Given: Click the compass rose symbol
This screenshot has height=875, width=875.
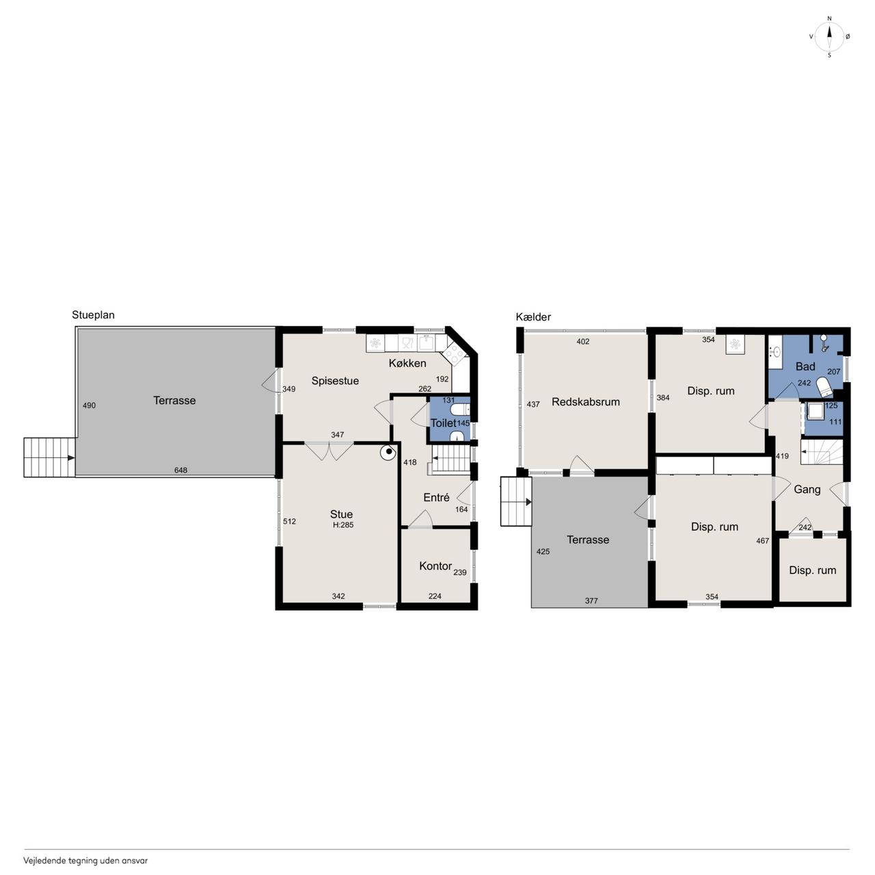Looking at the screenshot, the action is point(829,37).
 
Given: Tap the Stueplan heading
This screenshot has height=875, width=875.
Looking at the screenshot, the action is point(93,315).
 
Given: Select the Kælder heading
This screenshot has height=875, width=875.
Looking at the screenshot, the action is point(533,317).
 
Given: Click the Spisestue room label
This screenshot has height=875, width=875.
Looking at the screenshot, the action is point(335,381).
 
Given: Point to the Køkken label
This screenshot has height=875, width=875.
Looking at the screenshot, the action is point(407,363).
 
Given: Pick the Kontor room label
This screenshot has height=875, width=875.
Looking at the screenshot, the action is point(435,566).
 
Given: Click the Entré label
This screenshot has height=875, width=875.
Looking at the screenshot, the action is point(436,497).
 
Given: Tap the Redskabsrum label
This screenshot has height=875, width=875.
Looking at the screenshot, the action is point(586,401).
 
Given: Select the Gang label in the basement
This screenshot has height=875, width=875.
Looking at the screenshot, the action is point(807,489).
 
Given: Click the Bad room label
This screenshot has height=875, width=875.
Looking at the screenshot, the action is point(805,366).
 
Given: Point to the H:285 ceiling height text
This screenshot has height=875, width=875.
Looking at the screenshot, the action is point(343,525).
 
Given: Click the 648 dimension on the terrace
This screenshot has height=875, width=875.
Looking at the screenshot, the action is point(180,470).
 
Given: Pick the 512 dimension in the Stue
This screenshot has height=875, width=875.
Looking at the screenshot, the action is point(289,522).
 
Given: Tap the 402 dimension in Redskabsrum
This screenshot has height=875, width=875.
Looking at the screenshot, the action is point(582,342).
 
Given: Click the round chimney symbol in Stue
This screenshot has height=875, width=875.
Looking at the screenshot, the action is point(389,452).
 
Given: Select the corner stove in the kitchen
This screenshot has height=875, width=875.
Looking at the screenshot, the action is point(453,353).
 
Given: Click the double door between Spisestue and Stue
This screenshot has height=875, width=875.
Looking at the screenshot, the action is point(329,451).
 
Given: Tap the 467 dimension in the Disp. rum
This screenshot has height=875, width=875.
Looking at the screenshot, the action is point(762,540).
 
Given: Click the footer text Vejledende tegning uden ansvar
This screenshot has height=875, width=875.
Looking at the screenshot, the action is point(85,860).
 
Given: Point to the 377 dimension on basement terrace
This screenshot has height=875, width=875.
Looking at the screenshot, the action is point(591,601).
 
